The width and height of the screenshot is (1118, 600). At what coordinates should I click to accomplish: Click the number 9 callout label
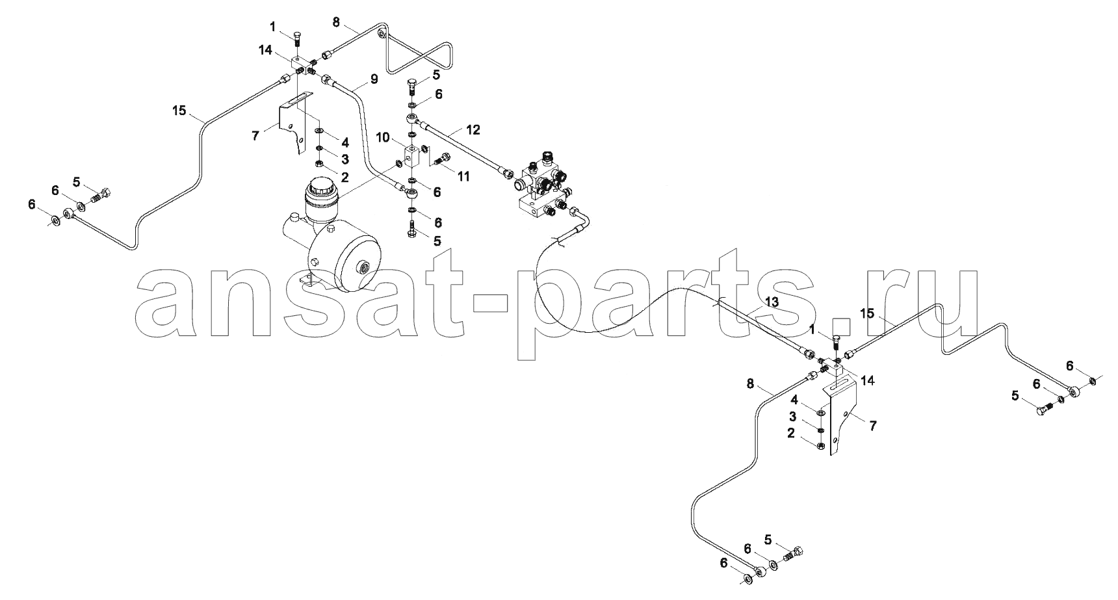pos(373,79)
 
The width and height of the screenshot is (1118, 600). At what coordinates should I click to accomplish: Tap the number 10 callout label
pos(383,138)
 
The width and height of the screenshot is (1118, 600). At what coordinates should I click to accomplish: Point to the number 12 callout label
pos(473,130)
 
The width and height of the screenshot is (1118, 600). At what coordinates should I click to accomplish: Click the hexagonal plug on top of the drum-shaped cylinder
pos(331,230)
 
